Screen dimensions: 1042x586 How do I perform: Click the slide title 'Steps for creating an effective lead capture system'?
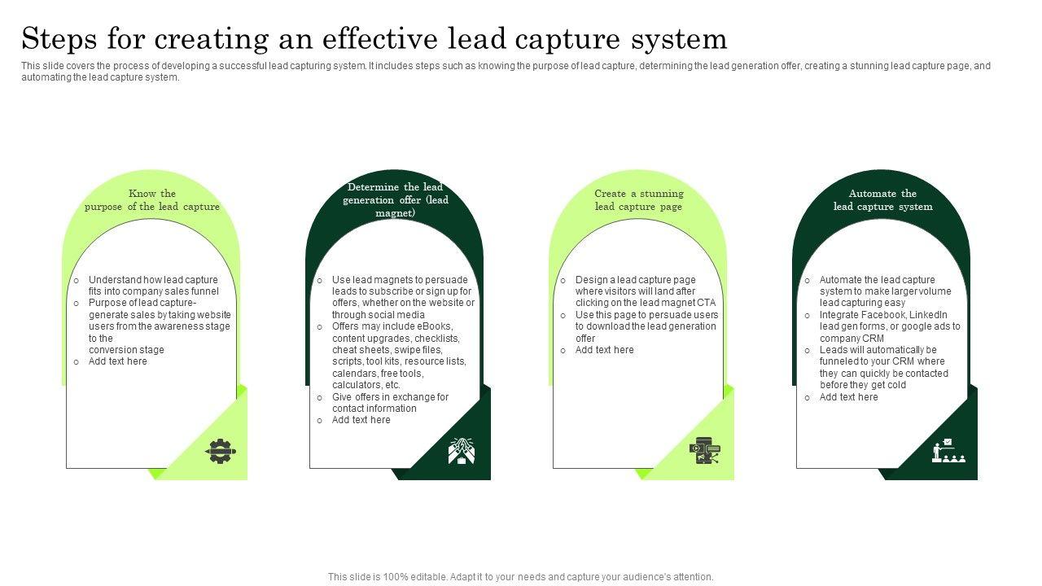[x=374, y=38]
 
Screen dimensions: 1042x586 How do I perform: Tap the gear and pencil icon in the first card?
[x=220, y=451]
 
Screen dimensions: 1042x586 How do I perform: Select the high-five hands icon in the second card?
[x=462, y=451]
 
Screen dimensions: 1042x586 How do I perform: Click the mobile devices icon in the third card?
[x=705, y=451]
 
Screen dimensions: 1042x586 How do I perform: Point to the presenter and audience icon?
[x=948, y=451]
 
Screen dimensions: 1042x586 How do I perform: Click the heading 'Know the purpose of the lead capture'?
[x=152, y=200]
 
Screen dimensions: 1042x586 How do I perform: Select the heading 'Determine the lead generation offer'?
[x=395, y=200]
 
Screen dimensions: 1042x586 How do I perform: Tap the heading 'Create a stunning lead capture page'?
[x=638, y=200]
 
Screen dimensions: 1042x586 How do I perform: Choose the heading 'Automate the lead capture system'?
[x=882, y=200]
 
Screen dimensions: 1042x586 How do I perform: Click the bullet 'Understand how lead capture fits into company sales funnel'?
[x=153, y=286]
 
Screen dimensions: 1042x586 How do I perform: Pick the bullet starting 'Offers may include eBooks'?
[x=399, y=356]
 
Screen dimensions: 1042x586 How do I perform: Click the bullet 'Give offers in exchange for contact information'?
[x=390, y=403]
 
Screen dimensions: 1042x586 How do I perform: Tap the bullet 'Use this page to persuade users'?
[x=646, y=326]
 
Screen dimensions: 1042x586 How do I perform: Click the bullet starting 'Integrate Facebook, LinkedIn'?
[x=889, y=326]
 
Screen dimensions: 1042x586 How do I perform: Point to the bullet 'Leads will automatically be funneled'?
[x=883, y=367]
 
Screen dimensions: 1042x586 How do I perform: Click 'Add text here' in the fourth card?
[x=848, y=397]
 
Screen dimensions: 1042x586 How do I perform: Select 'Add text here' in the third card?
[x=604, y=350]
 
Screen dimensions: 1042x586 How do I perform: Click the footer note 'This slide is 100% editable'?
[x=521, y=577]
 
